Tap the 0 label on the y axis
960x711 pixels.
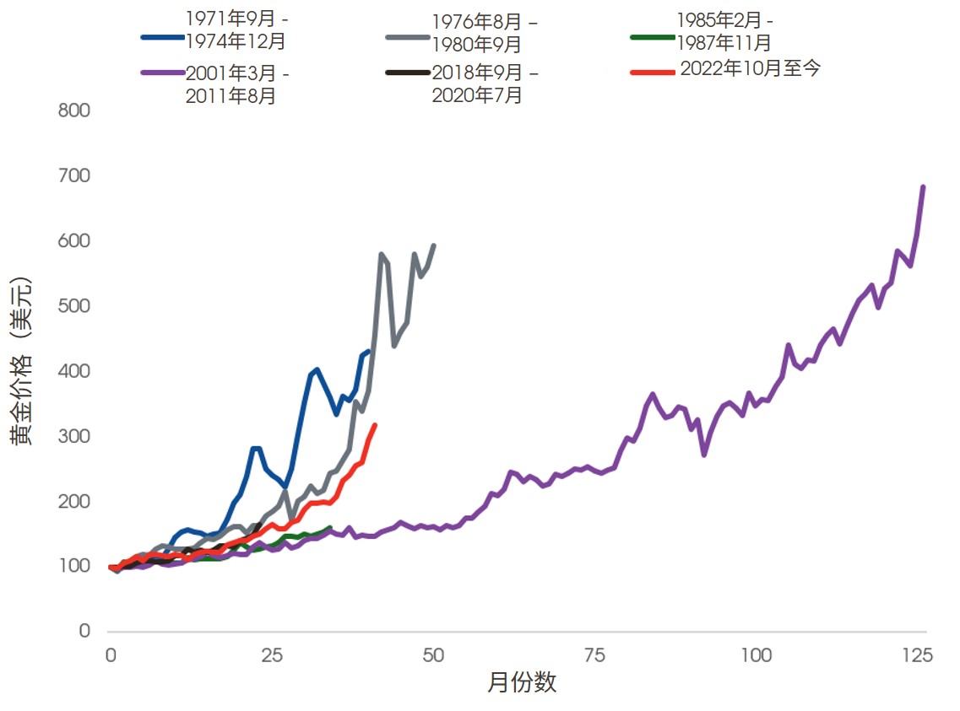[x=84, y=631]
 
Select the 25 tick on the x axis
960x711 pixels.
[x=271, y=655]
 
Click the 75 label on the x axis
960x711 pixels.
[x=595, y=655]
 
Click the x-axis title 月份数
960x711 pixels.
[x=522, y=683]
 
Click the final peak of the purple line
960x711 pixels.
[x=923, y=187]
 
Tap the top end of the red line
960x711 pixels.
[x=374, y=425]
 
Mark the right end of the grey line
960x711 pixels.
[x=434, y=245]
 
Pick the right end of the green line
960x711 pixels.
[x=329, y=528]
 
